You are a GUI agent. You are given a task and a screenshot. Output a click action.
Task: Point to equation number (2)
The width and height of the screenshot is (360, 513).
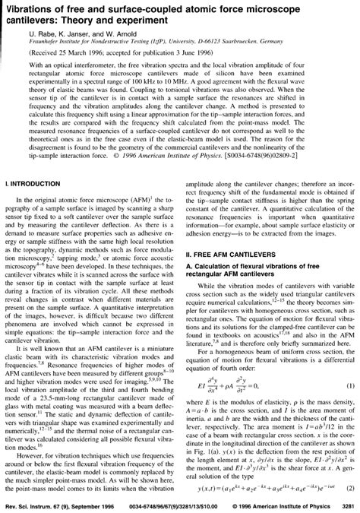(x=343, y=487)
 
